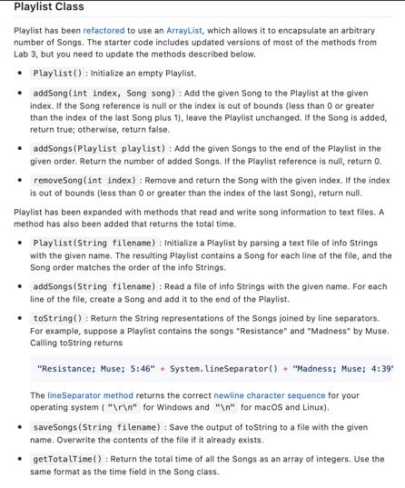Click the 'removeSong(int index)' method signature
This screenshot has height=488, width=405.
[x=83, y=180]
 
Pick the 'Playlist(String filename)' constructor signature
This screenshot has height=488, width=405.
[x=94, y=243]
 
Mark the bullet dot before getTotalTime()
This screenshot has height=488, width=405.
[x=20, y=459]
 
